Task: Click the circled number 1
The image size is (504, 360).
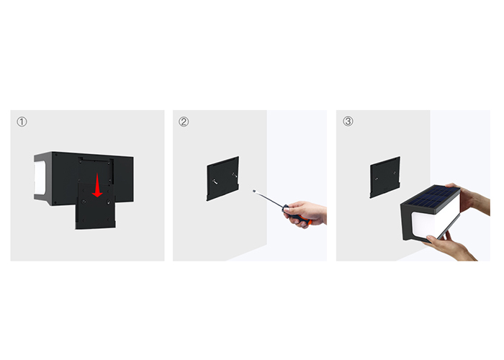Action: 22,122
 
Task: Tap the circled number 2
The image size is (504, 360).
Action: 184,122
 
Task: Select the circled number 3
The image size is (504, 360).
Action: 348,121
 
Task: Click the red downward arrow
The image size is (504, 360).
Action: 97,185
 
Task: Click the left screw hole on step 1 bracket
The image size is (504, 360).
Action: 84,202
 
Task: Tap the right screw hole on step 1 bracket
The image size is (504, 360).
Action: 108,202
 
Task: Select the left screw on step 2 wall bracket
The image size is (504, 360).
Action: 215,181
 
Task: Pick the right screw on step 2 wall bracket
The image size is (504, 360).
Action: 234,175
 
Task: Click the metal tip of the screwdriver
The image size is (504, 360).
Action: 254,192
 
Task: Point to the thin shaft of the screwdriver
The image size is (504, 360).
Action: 269,199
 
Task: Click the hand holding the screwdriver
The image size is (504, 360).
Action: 305,214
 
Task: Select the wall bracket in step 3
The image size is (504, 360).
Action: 384,177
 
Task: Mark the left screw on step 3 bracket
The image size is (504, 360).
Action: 377,179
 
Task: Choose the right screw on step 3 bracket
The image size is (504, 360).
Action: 395,173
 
